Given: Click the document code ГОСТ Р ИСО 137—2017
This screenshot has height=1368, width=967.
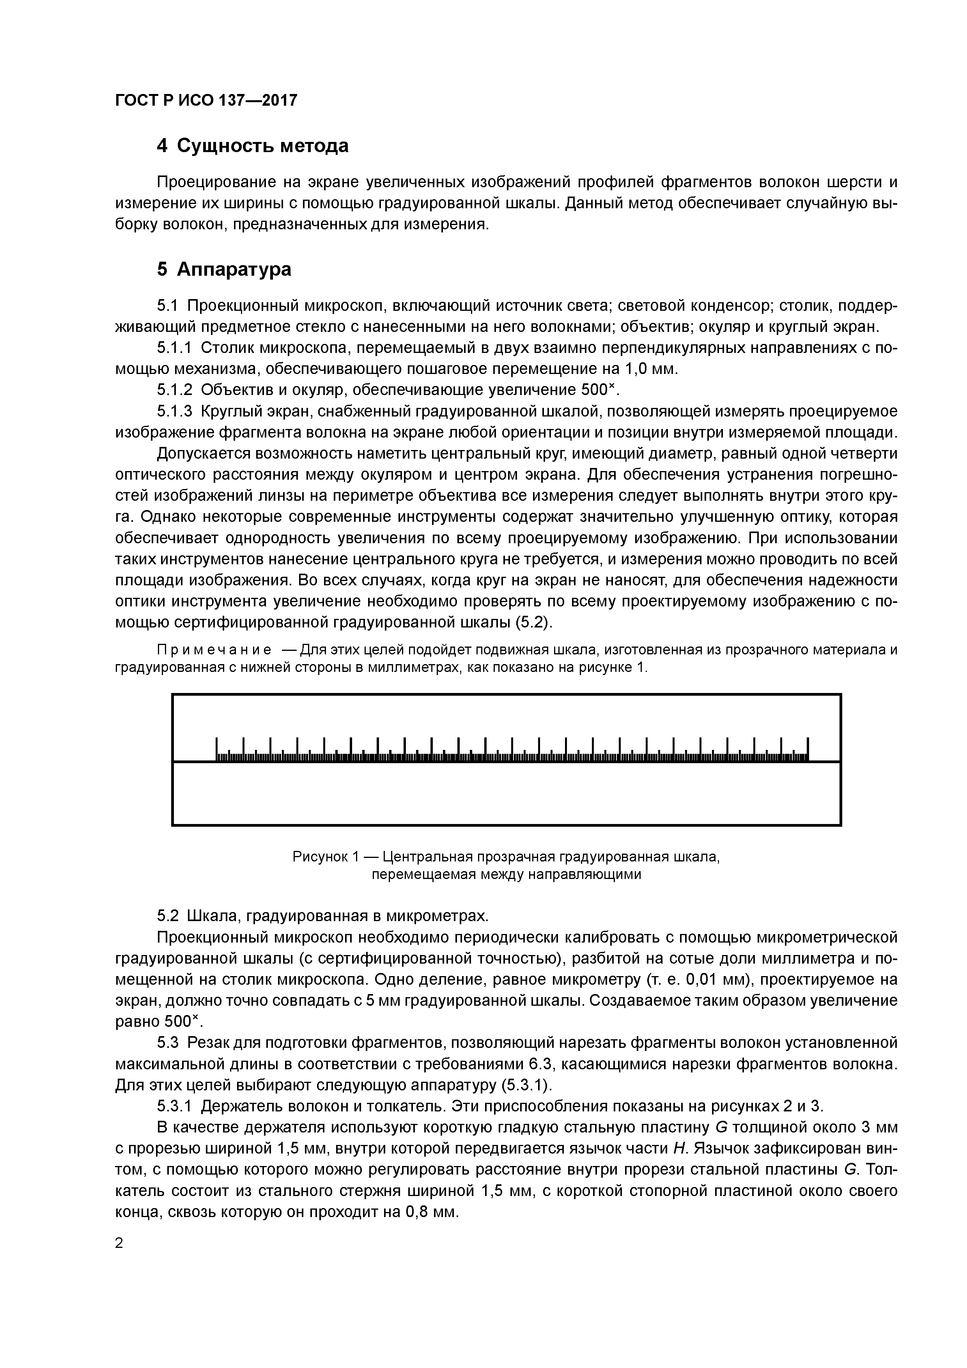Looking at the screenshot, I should [x=205, y=100].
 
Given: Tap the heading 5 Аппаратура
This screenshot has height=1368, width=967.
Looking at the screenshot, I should [x=224, y=269].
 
